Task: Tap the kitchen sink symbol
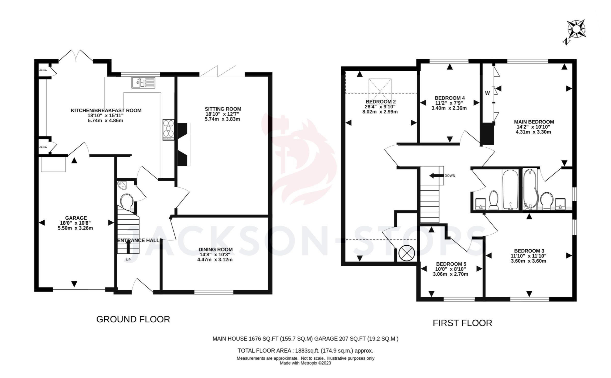pos(143,83)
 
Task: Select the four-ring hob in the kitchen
pos(169,130)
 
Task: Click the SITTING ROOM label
pos(223,109)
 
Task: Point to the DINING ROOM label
pos(215,249)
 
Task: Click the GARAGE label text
pos(76,218)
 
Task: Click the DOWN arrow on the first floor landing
pos(435,175)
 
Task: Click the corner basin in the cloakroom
pos(122,185)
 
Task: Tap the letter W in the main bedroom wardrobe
pos(487,93)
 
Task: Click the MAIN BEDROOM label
pos(534,122)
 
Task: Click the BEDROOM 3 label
pos(529,251)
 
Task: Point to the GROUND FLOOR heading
pos(133,319)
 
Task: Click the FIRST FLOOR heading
pos(462,323)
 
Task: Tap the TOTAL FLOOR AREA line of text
pos(305,351)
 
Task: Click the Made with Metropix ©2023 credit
pos(305,363)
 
